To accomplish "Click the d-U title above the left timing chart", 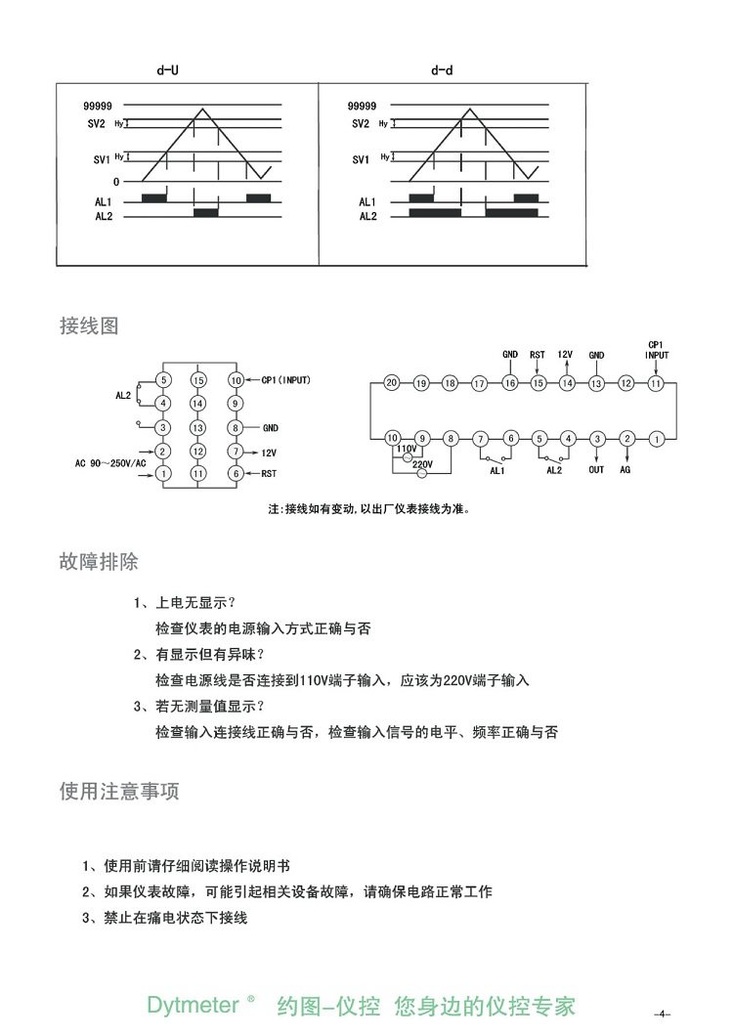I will [x=168, y=71].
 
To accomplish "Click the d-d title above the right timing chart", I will [x=442, y=71].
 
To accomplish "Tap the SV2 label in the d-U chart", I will [x=97, y=124].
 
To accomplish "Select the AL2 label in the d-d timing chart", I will [x=367, y=215].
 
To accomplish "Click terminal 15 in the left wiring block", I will [x=198, y=380].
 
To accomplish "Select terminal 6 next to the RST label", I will [x=236, y=474].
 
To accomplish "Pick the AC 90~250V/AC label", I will [x=110, y=462].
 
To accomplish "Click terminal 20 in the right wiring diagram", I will [x=391, y=383].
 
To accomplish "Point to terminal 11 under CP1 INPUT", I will [x=656, y=383].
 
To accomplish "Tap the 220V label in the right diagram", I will [x=423, y=465].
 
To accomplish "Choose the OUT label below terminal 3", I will [x=596, y=470].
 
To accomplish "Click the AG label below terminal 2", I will [x=625, y=470].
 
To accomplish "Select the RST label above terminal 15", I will [x=538, y=355].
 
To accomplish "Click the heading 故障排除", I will [x=99, y=562].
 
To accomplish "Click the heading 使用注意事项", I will [x=119, y=792].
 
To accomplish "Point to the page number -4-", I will [x=664, y=1013].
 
